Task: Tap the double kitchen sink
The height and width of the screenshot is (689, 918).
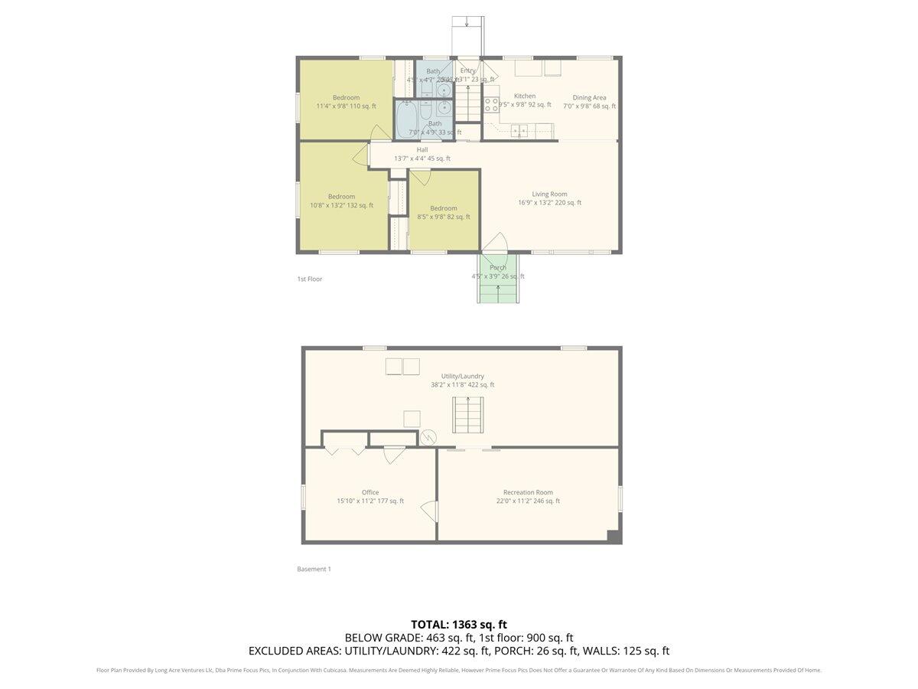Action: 519,130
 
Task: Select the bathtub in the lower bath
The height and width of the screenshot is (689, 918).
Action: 406,120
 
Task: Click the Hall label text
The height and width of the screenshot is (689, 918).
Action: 422,150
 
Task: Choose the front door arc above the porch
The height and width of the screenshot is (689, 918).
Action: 495,242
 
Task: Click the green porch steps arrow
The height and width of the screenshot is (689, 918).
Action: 499,292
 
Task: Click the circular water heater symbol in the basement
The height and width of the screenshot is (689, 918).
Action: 428,438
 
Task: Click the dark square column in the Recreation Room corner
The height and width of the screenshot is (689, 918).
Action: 613,537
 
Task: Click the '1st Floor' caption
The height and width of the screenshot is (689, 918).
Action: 310,279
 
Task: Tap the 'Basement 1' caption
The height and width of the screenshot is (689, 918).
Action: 314,569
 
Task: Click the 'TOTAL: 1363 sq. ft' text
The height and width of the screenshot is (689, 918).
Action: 459,624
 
